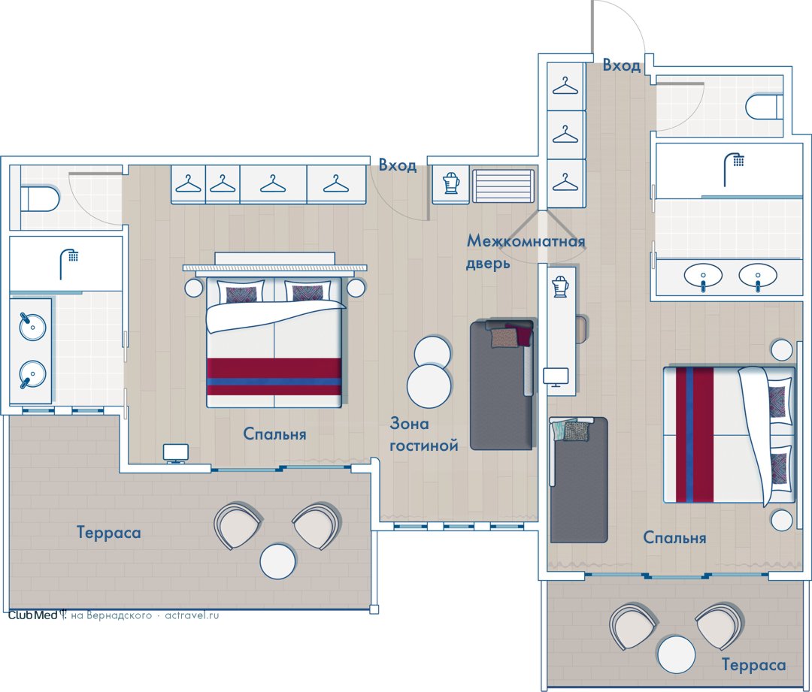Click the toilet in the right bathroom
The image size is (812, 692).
765,107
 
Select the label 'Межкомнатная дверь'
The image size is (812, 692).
525,252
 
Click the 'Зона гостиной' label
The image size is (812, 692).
423,434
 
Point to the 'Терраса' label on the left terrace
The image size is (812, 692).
109,532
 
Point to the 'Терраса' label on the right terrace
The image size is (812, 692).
753,664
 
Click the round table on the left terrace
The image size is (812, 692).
278,561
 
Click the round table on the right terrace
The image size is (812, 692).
677,654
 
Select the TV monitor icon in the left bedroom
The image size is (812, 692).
176,453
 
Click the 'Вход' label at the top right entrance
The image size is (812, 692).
622,65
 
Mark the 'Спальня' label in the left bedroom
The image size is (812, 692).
274,434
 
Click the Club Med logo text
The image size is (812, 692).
32,615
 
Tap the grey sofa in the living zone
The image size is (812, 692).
501,385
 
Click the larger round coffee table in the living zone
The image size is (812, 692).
429,385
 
